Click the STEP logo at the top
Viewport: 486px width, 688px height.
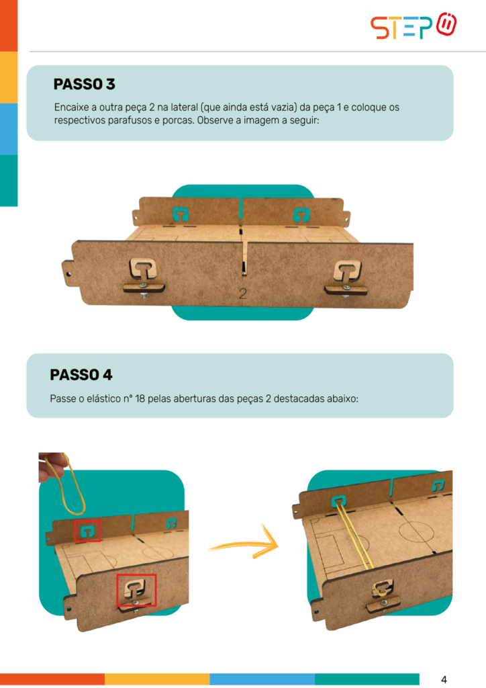click(413, 26)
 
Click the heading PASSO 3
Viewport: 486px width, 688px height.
click(84, 84)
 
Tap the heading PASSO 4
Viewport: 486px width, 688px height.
click(81, 375)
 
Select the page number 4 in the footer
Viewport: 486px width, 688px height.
click(444, 680)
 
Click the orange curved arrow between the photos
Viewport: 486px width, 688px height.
click(246, 544)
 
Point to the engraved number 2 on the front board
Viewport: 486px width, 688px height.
click(243, 294)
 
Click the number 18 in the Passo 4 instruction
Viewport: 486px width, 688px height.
click(140, 399)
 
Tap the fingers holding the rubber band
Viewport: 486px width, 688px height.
click(51, 467)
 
